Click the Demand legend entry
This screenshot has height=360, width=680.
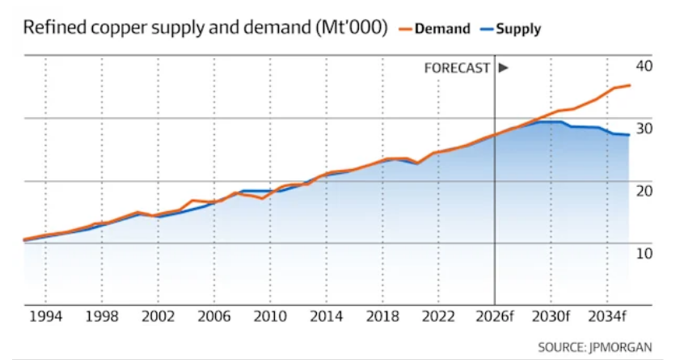coord(441,29)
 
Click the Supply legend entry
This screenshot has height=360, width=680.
coord(517,29)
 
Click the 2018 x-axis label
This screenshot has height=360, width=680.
coord(380,317)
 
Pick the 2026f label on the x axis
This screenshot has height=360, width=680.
coord(493,317)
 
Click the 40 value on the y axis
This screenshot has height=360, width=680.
coord(644,66)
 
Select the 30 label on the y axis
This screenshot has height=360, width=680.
coord(644,128)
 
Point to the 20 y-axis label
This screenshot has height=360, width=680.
coord(644,190)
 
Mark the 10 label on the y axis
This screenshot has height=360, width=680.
coord(644,253)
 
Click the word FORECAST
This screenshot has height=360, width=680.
coord(457,68)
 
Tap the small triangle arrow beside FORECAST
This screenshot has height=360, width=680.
coord(503,68)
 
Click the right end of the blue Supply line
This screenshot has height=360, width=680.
coord(629,135)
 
